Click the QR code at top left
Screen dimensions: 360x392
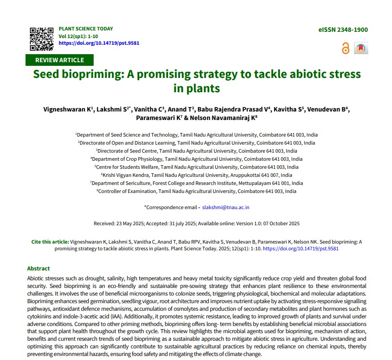[x=42, y=39]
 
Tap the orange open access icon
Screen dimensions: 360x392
[x=345, y=48]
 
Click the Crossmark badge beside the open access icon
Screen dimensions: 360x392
[x=361, y=48]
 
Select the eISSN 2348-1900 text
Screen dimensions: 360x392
[x=343, y=30]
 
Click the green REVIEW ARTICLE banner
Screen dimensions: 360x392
[x=60, y=60]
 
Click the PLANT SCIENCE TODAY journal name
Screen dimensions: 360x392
[x=86, y=29]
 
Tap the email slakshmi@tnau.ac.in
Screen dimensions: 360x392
[x=226, y=207]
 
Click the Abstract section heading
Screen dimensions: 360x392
[x=39, y=269]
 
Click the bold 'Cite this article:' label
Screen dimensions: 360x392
[x=50, y=242]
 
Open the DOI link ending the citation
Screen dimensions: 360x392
[x=301, y=249]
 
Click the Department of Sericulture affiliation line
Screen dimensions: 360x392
[x=196, y=183]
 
